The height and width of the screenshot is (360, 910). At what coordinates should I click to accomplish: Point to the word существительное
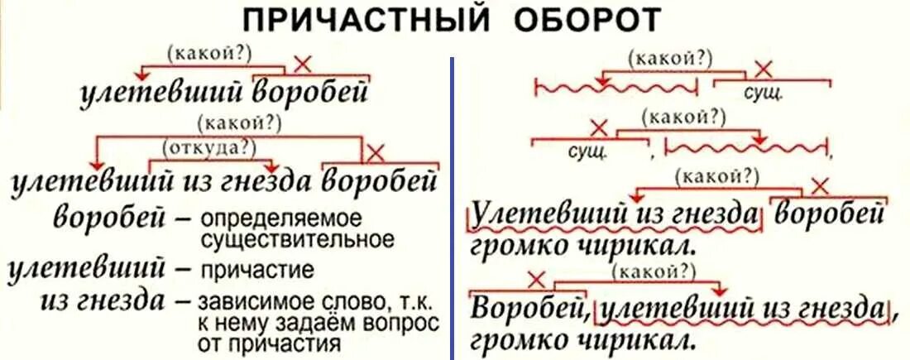[296, 240]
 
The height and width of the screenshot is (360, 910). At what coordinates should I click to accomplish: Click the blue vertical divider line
[452, 207]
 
